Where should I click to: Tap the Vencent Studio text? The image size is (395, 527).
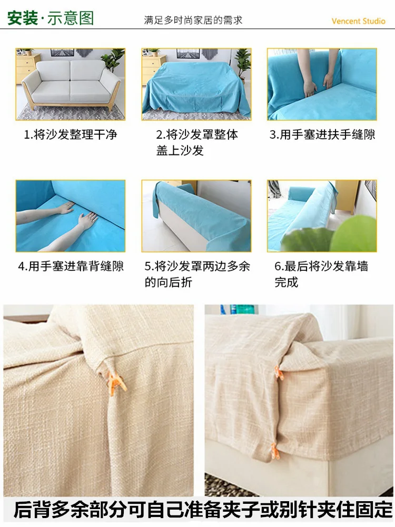[x=358, y=21]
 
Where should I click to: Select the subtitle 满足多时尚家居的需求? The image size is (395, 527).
[x=193, y=21]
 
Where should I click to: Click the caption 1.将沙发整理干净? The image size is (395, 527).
[x=70, y=134]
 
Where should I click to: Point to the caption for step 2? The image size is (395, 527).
[x=196, y=142]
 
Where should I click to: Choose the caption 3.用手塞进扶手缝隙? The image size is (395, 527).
[x=322, y=134]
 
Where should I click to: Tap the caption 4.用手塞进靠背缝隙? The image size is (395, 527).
[x=71, y=266]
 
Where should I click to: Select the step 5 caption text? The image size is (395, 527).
[x=196, y=274]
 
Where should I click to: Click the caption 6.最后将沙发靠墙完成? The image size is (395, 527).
[x=321, y=274]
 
